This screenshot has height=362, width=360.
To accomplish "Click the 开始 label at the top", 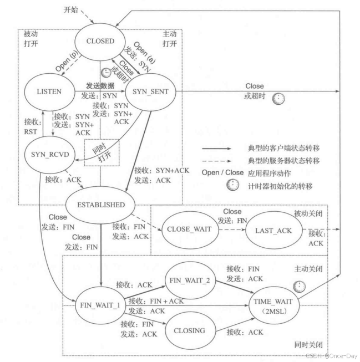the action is [x=71, y=10].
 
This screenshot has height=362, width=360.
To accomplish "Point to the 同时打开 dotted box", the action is [x=102, y=140].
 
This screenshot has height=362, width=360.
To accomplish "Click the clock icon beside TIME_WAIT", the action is [x=299, y=287].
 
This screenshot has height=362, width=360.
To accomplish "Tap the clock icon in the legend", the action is [x=232, y=185].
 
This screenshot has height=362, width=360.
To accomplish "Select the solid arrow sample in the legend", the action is [x=216, y=149].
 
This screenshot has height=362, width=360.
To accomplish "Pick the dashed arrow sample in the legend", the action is [x=216, y=161].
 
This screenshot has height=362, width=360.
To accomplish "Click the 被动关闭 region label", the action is [x=308, y=213].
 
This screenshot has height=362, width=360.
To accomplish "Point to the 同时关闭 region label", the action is [x=308, y=345].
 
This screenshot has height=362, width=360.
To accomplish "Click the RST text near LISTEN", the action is [x=31, y=132].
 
